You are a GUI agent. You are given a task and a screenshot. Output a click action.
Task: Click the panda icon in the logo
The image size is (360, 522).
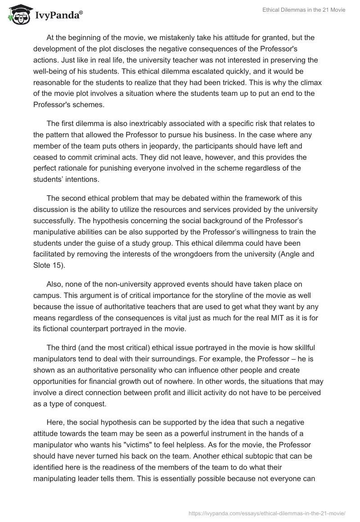pos(17,15)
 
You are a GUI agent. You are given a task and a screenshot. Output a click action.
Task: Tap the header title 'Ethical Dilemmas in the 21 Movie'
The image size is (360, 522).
pos(304,10)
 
